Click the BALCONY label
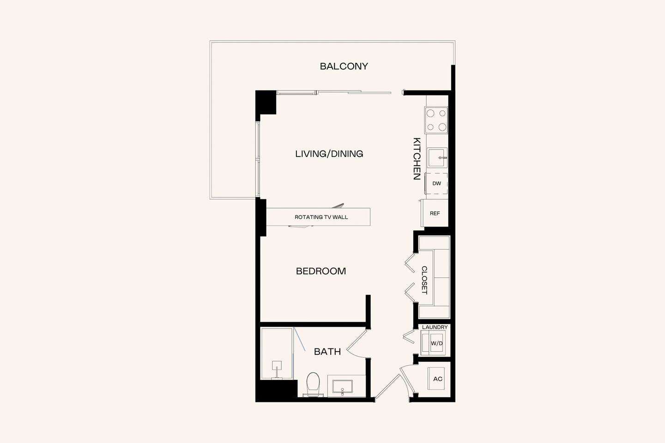(344, 66)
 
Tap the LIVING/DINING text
(329, 154)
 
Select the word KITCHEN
(417, 158)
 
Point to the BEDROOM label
(321, 271)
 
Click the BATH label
(327, 352)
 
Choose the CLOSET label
(424, 280)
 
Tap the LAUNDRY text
(435, 327)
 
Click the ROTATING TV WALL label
(321, 217)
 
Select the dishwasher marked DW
(436, 183)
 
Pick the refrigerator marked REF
(435, 213)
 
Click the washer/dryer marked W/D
(436, 343)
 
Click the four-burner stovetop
(436, 120)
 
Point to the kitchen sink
(437, 158)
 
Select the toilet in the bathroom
(313, 384)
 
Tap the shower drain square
(277, 365)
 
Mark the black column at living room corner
(266, 102)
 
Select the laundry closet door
(408, 336)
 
